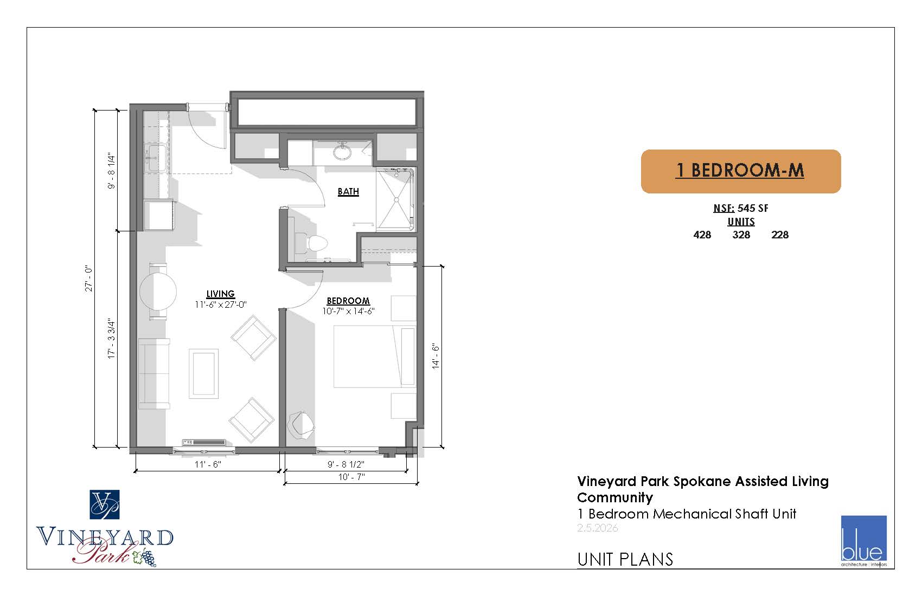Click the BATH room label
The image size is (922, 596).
point(348,192)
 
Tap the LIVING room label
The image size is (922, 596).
point(220,294)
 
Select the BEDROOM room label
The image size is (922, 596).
point(348,301)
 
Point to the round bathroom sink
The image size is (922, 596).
point(342,151)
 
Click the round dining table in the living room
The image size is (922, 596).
point(158,291)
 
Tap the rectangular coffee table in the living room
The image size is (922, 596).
point(204,373)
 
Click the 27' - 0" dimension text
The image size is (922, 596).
point(89,278)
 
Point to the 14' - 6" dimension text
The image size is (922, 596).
point(436,356)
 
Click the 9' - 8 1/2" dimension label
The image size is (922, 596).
point(346,464)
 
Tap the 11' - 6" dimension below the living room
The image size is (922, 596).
point(208,464)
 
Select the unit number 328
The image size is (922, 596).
point(741,235)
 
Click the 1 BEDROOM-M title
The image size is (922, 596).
point(740,170)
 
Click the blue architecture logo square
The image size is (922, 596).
point(863,538)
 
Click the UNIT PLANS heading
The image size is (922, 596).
point(625,559)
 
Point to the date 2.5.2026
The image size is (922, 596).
point(597,528)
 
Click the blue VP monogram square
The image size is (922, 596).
point(105,504)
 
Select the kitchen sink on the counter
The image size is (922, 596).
point(155,158)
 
